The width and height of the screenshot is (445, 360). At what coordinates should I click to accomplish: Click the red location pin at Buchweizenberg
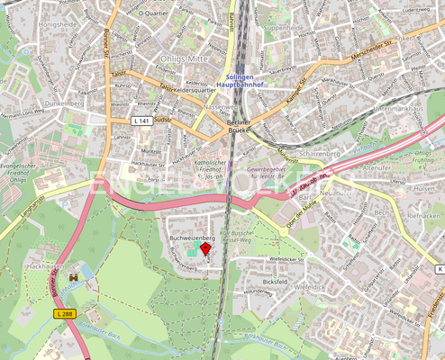coord(205,248)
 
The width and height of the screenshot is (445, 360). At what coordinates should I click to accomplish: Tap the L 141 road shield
coord(141,120)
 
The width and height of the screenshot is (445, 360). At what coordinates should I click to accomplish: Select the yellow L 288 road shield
coord(64,312)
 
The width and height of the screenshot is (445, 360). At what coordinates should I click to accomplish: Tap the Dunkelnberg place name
coord(66,103)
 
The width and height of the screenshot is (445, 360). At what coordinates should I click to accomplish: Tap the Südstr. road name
coord(163,119)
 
